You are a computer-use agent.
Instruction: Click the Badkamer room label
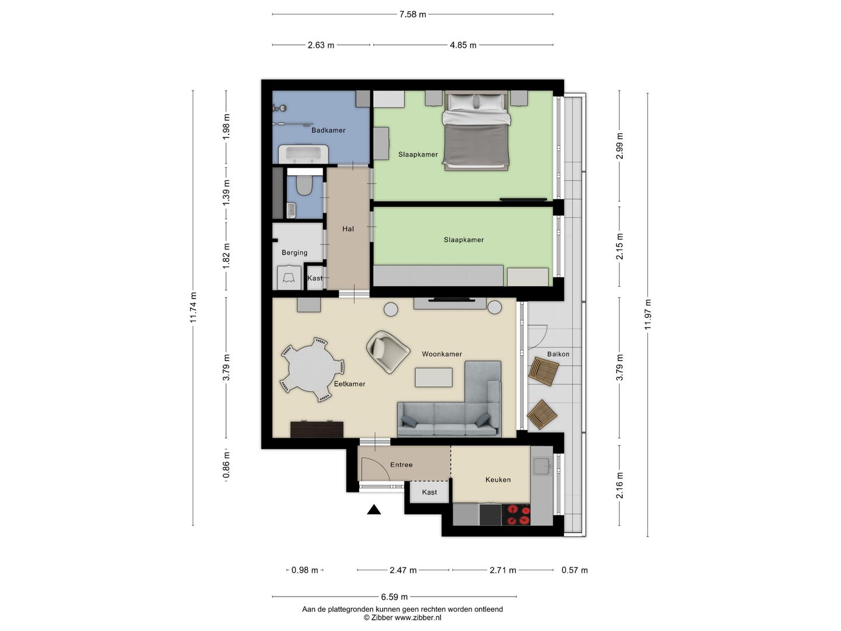pyautogui.click(x=328, y=130)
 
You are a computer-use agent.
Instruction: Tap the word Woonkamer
pyautogui.click(x=442, y=354)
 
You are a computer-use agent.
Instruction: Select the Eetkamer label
pyautogui.click(x=349, y=384)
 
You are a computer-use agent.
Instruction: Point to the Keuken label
pyautogui.click(x=498, y=480)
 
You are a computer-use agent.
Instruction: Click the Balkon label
pyautogui.click(x=558, y=354)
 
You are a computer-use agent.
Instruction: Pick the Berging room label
pyautogui.click(x=294, y=252)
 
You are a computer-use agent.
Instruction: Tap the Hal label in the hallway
pyautogui.click(x=348, y=228)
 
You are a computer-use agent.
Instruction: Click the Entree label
pyautogui.click(x=401, y=464)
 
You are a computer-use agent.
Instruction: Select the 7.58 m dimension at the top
pyautogui.click(x=413, y=15)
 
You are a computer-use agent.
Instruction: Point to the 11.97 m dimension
pyautogui.click(x=648, y=314)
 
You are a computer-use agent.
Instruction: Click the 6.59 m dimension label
pyautogui.click(x=394, y=597)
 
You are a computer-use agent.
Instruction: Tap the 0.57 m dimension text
pyautogui.click(x=574, y=570)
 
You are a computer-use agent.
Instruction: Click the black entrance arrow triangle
pyautogui.click(x=374, y=510)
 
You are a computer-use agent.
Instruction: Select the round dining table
pyautogui.click(x=312, y=369)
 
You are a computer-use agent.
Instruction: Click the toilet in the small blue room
pyautogui.click(x=305, y=185)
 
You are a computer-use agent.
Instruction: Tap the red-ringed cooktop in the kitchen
pyautogui.click(x=516, y=515)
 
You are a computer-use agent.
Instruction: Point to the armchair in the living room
pyautogui.click(x=388, y=351)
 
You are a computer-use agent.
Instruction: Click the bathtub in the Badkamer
pyautogui.click(x=303, y=154)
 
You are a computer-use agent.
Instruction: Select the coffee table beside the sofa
pyautogui.click(x=434, y=377)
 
